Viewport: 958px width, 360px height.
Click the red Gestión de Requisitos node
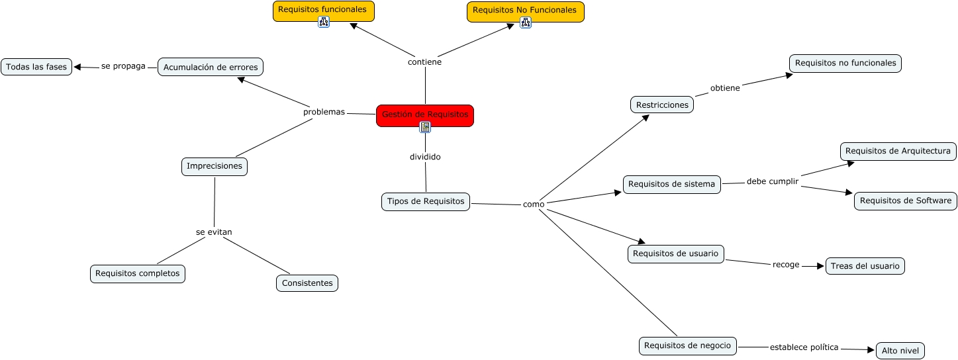click(x=424, y=114)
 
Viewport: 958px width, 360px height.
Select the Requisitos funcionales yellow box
click(x=323, y=10)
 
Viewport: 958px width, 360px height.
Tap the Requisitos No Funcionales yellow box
click(x=525, y=11)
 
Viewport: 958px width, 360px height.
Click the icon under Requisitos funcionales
click(x=324, y=22)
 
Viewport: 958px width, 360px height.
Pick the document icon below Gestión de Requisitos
click(x=425, y=127)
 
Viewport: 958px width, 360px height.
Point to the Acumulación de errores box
click(x=211, y=67)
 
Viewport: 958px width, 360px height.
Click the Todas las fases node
click(x=36, y=67)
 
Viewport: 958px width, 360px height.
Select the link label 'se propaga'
click(x=123, y=66)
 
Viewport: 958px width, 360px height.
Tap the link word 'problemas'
click(x=324, y=112)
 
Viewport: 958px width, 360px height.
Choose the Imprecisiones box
click(x=214, y=166)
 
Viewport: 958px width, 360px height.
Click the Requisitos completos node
click(x=137, y=273)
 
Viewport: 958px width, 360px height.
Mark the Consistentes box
click(x=307, y=283)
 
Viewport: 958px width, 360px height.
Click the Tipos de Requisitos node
click(x=426, y=201)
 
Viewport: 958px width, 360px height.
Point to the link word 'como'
click(x=534, y=204)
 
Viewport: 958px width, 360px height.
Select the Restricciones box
click(x=661, y=105)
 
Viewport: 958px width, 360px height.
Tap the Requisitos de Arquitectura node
click(x=898, y=151)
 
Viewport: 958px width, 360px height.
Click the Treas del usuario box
click(x=865, y=266)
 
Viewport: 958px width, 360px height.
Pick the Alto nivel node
click(x=900, y=351)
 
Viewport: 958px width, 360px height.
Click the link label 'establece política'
click(x=804, y=347)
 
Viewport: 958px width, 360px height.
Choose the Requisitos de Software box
click(x=905, y=201)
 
